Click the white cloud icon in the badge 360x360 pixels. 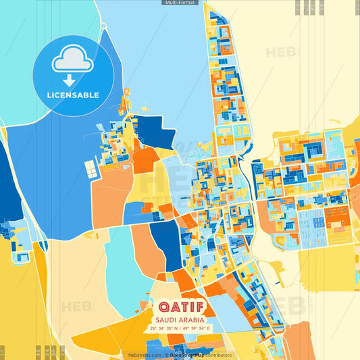point(74,61)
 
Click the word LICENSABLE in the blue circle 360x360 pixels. point(74,95)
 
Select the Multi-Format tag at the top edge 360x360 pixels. point(180,3)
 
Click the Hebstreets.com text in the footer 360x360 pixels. point(145,355)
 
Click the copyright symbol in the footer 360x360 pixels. point(165,355)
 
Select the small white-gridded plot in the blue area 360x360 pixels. point(89,171)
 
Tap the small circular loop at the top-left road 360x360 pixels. point(103,26)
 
